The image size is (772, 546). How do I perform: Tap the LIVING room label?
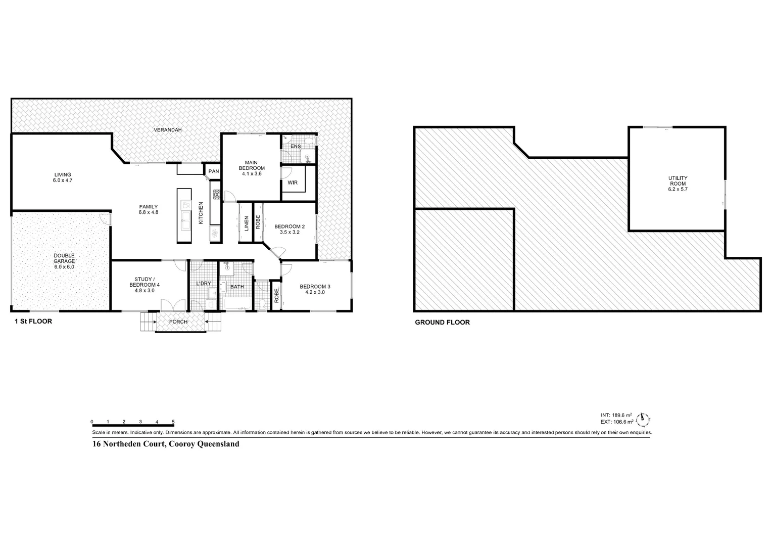click(x=63, y=177)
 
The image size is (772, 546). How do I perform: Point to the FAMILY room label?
click(x=149, y=209)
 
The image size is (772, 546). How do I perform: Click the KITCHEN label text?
click(x=201, y=213)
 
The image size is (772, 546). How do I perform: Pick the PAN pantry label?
click(x=214, y=171)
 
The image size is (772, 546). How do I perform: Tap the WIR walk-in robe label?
click(x=293, y=183)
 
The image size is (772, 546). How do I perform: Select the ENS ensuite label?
click(x=296, y=147)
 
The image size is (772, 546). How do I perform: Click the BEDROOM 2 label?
click(x=289, y=230)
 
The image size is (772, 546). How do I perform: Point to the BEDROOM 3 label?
click(x=315, y=289)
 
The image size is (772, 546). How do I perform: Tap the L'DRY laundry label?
click(x=204, y=284)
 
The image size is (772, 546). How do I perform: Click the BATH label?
click(x=237, y=287)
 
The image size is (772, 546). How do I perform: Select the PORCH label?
click(x=178, y=322)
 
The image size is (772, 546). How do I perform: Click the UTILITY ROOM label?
click(x=678, y=184)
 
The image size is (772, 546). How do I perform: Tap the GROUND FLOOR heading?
click(x=442, y=322)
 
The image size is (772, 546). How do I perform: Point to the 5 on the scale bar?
click(x=173, y=422)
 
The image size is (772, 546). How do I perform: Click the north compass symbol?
click(x=643, y=418)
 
